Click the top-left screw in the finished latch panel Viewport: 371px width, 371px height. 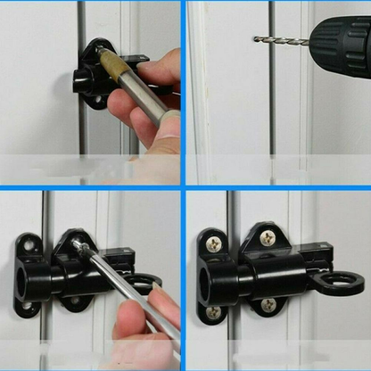tap(215, 242)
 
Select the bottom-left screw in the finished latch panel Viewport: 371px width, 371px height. tap(214, 312)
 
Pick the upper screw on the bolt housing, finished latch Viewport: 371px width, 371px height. tap(268, 237)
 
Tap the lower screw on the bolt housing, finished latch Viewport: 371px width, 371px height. tap(268, 305)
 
